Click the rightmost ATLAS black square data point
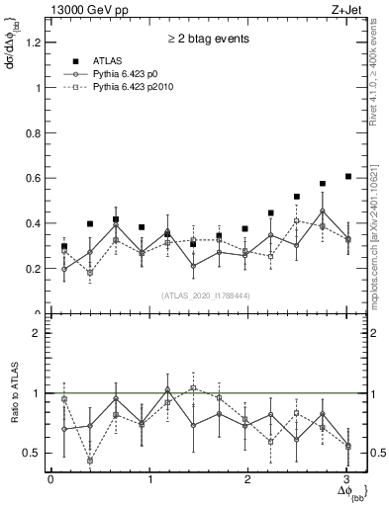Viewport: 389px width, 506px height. (x=347, y=176)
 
